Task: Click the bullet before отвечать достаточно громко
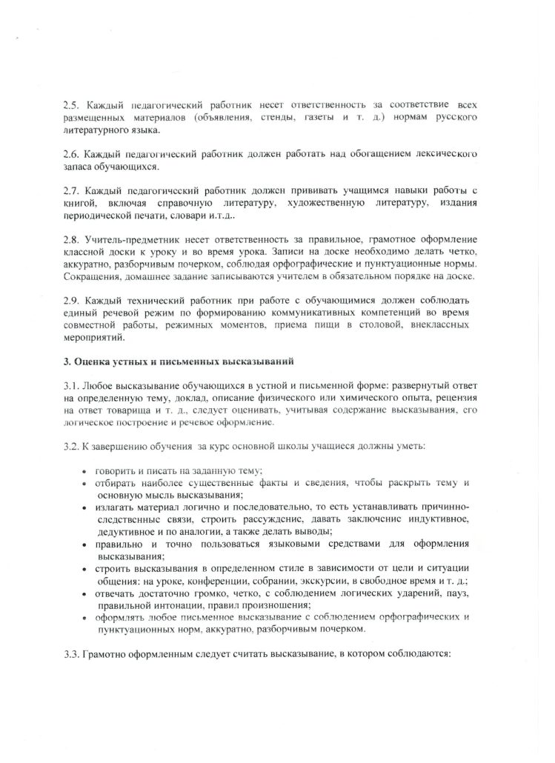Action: pyautogui.click(x=86, y=593)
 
